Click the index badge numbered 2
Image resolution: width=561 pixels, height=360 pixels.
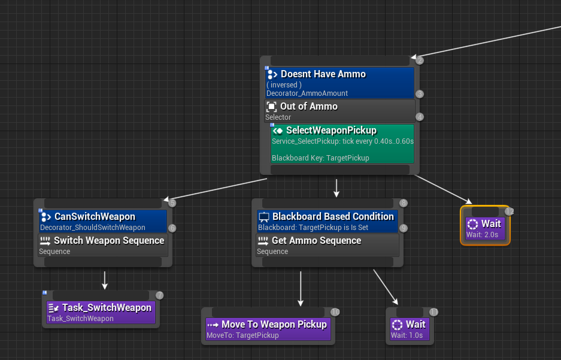coord(420,60)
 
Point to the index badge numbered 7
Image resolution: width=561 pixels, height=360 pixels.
coord(159,295)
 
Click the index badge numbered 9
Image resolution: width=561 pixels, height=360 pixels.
coord(404,228)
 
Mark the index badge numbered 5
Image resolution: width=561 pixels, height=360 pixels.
coord(172,203)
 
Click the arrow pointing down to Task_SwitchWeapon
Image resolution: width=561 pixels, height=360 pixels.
coord(105,280)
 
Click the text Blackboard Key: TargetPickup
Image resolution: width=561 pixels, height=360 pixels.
coord(320,158)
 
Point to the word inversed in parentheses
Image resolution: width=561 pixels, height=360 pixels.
coord(284,85)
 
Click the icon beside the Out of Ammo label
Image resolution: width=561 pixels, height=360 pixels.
coord(271,107)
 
